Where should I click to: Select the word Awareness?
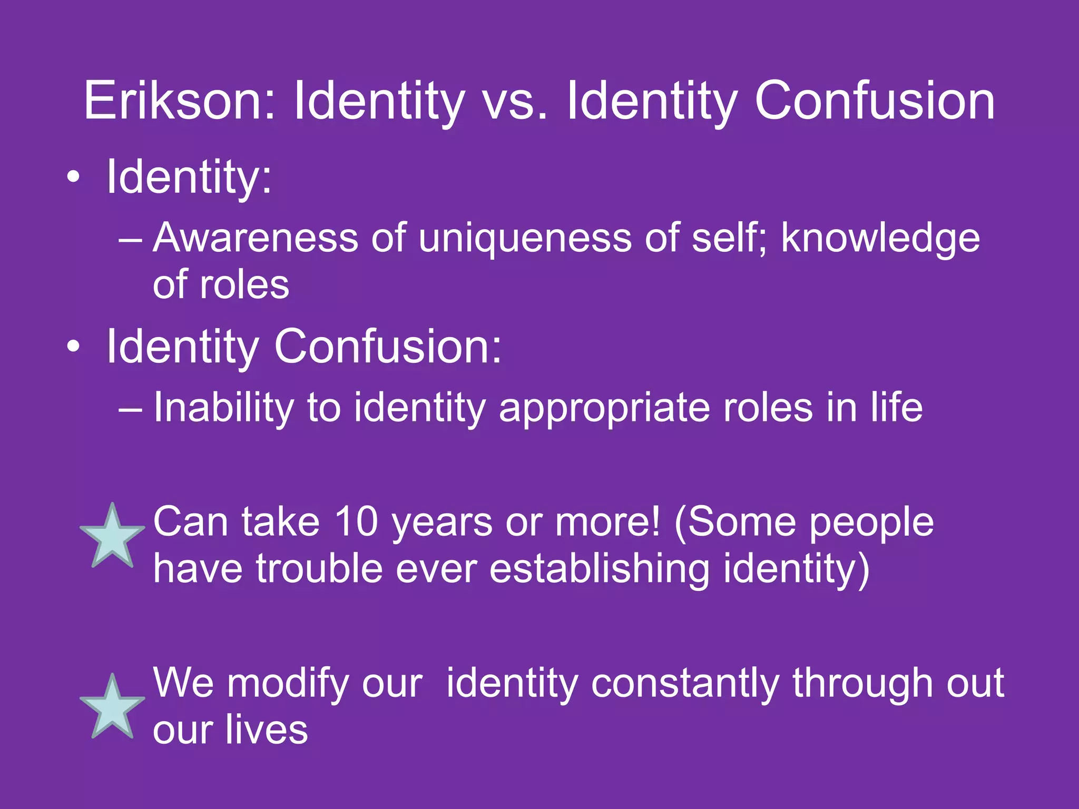coord(256,238)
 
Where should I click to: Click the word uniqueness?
coord(525,238)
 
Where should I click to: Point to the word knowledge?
coord(880,238)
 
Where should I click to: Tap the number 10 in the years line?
coord(356,521)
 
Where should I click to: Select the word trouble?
coord(319,569)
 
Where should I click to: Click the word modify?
coord(288,683)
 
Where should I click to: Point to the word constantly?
coord(684,683)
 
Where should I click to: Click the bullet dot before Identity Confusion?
coord(74,346)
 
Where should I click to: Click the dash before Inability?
coord(130,408)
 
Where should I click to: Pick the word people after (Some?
coord(871,521)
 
